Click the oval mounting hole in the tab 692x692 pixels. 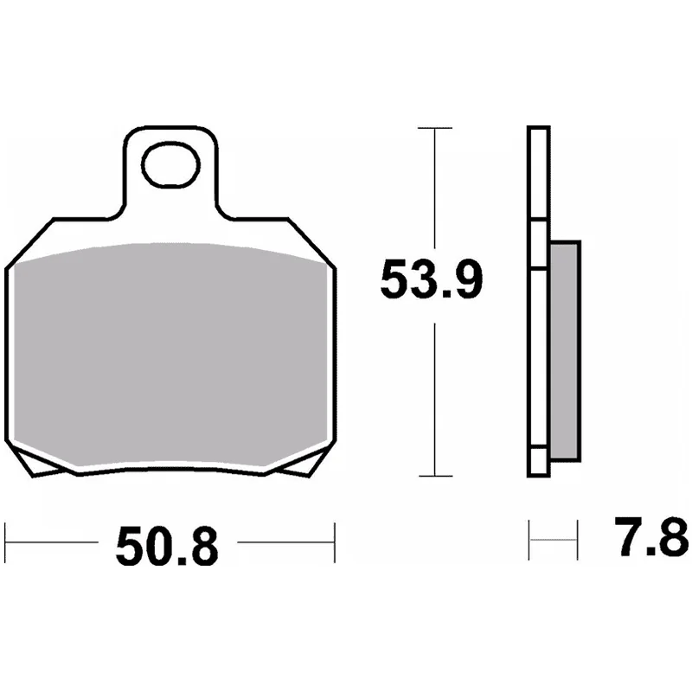click(170, 165)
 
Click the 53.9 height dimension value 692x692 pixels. click(431, 279)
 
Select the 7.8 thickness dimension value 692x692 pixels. click(651, 537)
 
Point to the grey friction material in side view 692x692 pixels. click(566, 351)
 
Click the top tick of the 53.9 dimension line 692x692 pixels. click(435, 128)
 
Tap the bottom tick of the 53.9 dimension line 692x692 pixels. click(435, 477)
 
